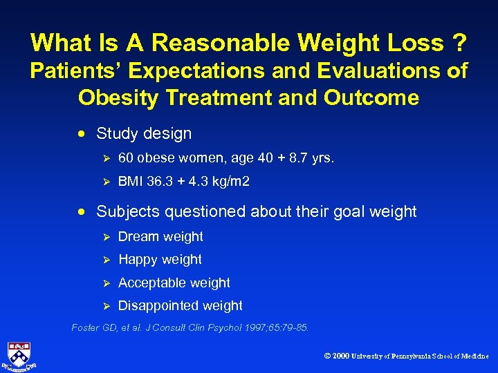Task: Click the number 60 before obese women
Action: tap(126, 158)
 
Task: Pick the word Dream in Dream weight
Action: tap(138, 236)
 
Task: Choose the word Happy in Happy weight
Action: tap(138, 260)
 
